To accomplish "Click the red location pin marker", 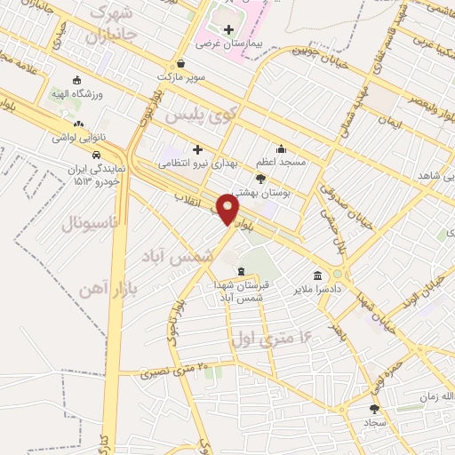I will tap(228, 211).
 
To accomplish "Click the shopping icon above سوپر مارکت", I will tap(181, 63).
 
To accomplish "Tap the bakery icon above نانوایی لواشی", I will tap(79, 124).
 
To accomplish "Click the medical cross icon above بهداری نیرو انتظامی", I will tap(197, 149).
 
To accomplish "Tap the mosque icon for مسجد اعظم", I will tap(281, 148).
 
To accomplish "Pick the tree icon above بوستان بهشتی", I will tap(259, 178).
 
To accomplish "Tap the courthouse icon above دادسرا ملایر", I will tap(317, 275).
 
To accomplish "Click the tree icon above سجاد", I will tap(374, 409).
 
